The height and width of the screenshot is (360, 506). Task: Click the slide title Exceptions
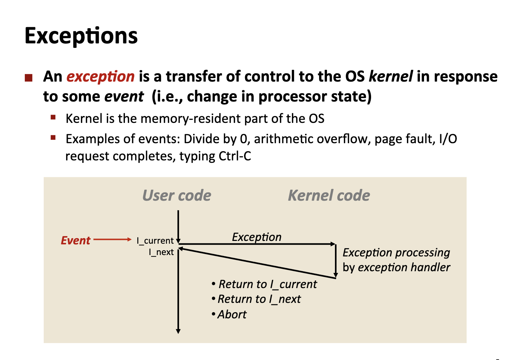81,36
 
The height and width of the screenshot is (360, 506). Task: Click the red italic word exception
100,76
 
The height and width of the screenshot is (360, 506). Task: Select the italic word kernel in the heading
390,76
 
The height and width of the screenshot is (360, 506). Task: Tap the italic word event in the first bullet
124,96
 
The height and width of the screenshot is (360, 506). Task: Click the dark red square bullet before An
29,78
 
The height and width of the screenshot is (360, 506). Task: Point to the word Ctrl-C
235,156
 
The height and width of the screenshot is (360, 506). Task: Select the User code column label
177,195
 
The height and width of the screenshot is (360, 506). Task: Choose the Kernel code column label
329,195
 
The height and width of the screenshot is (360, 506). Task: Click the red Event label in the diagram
75,240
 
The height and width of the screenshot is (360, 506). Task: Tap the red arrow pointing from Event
112,239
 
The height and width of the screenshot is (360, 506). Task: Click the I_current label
155,241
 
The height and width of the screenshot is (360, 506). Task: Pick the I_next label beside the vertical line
161,252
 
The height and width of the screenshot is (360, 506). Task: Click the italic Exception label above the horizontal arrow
256,237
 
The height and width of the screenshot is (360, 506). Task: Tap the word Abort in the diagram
232,314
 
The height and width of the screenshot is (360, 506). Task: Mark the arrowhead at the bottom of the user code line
178,331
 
